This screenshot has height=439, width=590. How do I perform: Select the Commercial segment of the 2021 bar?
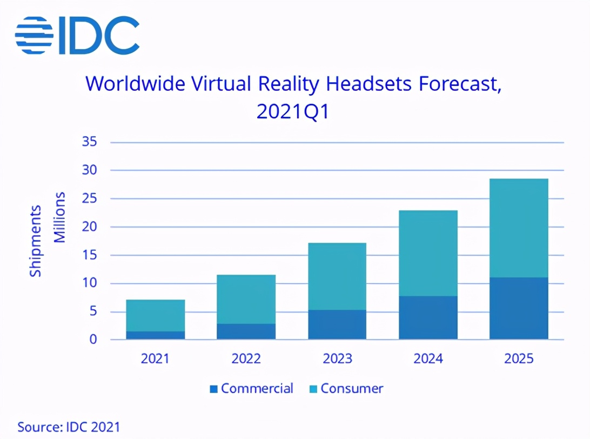156,335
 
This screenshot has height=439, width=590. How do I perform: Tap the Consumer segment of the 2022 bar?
246,299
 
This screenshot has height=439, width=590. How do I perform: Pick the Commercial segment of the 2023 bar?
337,324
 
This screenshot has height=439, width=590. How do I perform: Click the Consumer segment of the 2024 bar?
428,253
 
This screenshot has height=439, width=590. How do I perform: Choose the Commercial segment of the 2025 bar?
519,308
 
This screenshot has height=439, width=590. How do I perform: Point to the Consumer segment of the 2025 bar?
519,228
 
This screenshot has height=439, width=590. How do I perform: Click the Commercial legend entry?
251,388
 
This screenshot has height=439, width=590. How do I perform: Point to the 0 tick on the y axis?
93,340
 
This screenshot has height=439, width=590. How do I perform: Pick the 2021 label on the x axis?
156,359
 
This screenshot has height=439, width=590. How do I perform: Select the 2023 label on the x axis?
337,359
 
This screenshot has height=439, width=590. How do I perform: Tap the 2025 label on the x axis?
519,359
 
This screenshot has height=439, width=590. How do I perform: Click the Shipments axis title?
35,241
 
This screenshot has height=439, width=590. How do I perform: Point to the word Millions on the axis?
59,217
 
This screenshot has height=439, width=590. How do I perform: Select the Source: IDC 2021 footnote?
69,427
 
